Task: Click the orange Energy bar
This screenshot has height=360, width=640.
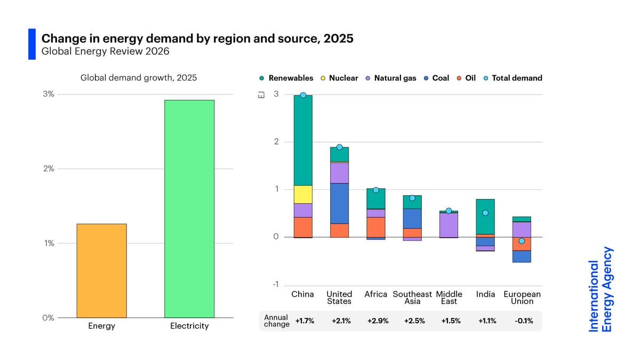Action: click(101, 270)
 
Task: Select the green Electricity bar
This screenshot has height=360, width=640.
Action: click(189, 209)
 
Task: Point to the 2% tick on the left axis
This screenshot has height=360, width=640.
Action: click(48, 169)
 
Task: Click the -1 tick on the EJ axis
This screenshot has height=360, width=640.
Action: click(275, 284)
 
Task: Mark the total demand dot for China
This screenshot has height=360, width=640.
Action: click(303, 95)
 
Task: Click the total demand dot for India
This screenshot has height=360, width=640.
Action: click(485, 213)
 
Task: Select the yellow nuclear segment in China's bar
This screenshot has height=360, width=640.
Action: click(303, 194)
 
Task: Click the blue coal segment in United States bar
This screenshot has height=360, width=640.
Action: click(339, 203)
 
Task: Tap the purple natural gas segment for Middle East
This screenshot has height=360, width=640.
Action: click(449, 225)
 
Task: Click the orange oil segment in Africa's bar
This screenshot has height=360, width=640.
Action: click(375, 227)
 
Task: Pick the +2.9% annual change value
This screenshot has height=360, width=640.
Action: click(378, 321)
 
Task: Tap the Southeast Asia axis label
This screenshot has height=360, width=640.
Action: click(412, 298)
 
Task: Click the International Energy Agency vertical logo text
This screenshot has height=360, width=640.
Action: click(601, 290)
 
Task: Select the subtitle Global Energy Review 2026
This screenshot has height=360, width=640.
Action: click(106, 51)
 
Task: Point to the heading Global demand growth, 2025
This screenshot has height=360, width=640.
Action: click(139, 78)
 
